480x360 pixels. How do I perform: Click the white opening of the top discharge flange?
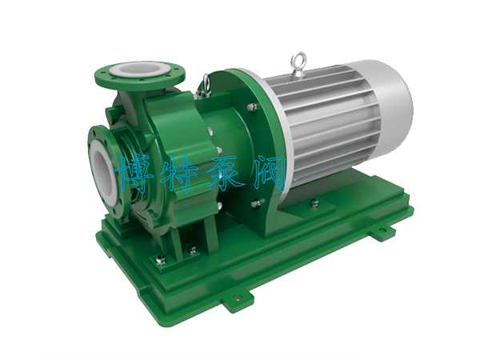[x=139, y=70]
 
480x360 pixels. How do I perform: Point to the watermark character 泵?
[x=226, y=173]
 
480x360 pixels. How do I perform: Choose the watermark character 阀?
[x=270, y=173]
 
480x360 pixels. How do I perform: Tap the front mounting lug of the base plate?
[x=238, y=296]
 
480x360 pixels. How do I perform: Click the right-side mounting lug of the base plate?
[x=382, y=230]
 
